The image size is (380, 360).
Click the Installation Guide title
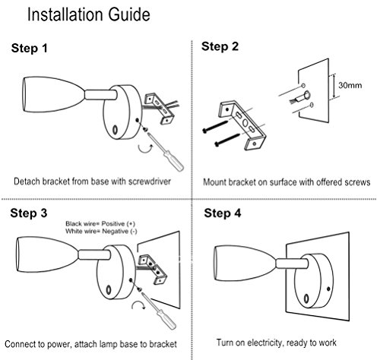pos(89,14)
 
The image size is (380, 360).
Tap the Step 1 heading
pos(30,48)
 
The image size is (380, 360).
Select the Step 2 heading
pos(220,46)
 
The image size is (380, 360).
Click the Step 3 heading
pos(29,213)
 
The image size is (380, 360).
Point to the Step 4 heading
pos(223,213)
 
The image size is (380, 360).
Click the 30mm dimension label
pos(350,85)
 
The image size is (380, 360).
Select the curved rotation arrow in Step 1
pos(145,148)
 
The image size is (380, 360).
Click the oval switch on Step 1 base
pos(115,130)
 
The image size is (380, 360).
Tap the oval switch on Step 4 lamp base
pos(306,298)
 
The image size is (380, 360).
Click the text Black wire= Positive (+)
pos(100,223)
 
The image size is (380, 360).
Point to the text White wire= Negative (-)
pos(101,231)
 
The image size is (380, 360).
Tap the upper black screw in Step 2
pos(215,126)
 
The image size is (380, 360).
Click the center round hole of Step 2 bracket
pos(245,123)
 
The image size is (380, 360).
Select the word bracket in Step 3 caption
pos(163,344)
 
